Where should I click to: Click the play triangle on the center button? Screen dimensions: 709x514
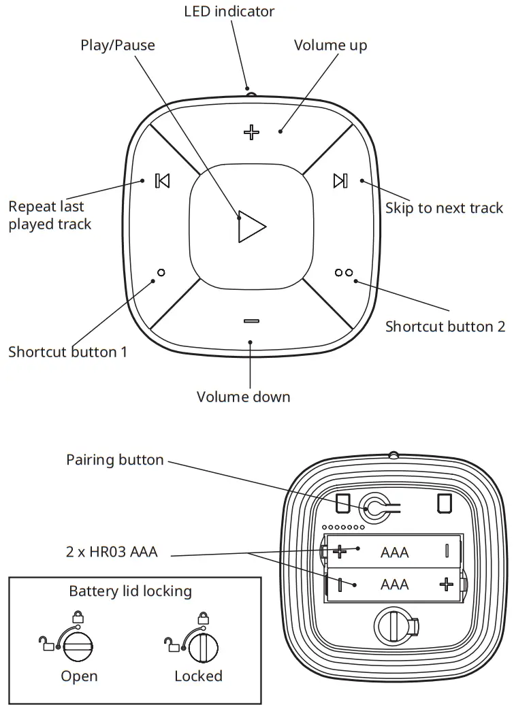coord(251,226)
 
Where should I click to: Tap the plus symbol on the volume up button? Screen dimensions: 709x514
coord(252,132)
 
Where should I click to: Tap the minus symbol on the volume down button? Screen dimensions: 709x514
coord(251,320)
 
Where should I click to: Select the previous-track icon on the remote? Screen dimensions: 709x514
coord(162,180)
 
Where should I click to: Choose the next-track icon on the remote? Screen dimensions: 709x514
coord(340,180)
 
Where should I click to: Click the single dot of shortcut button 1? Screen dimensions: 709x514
coord(161,273)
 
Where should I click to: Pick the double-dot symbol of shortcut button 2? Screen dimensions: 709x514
coord(344,273)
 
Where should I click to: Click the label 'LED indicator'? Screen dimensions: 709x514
coord(229,11)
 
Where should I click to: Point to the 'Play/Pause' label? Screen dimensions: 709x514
coord(118,46)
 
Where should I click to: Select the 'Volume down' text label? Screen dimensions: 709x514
coord(243,397)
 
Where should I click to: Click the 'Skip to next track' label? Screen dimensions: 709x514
coord(444,208)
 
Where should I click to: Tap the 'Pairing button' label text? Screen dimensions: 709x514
coord(115,460)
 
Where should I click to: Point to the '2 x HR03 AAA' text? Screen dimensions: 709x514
coord(112,552)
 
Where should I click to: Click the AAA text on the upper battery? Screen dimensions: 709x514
coord(395,552)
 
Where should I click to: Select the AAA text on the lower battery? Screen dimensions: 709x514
coord(395,584)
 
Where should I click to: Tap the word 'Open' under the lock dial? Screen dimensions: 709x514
coord(79,676)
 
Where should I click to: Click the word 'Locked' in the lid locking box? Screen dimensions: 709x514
coord(198,676)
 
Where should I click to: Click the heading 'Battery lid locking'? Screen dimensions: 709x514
coord(130,591)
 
